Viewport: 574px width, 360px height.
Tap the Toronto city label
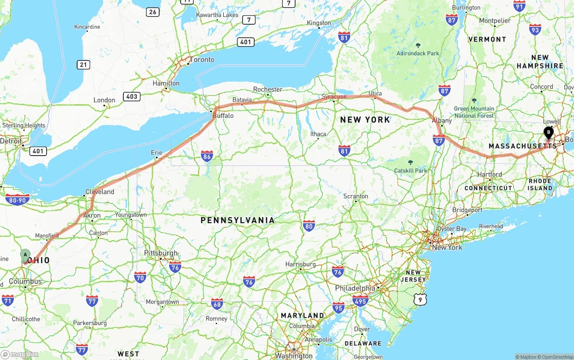(202, 60)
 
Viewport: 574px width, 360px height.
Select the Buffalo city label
(223, 116)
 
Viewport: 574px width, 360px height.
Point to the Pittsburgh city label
(161, 253)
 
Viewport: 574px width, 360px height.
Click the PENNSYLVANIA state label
(237, 221)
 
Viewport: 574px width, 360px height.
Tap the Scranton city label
(356, 196)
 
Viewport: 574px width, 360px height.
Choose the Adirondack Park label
(418, 53)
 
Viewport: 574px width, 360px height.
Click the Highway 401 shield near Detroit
(38, 151)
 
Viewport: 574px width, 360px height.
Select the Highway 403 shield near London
(132, 96)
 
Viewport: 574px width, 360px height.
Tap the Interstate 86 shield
(207, 156)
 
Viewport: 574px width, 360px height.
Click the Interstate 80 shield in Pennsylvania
(309, 226)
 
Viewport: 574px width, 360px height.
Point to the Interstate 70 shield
(140, 277)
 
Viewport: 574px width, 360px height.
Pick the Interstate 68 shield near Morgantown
(217, 304)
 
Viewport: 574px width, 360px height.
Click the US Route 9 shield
(419, 299)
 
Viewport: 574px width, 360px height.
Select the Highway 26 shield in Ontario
(152, 12)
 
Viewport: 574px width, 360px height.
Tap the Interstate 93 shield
(535, 30)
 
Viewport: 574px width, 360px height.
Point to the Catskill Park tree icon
(410, 162)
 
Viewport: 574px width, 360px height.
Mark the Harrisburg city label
(300, 265)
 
